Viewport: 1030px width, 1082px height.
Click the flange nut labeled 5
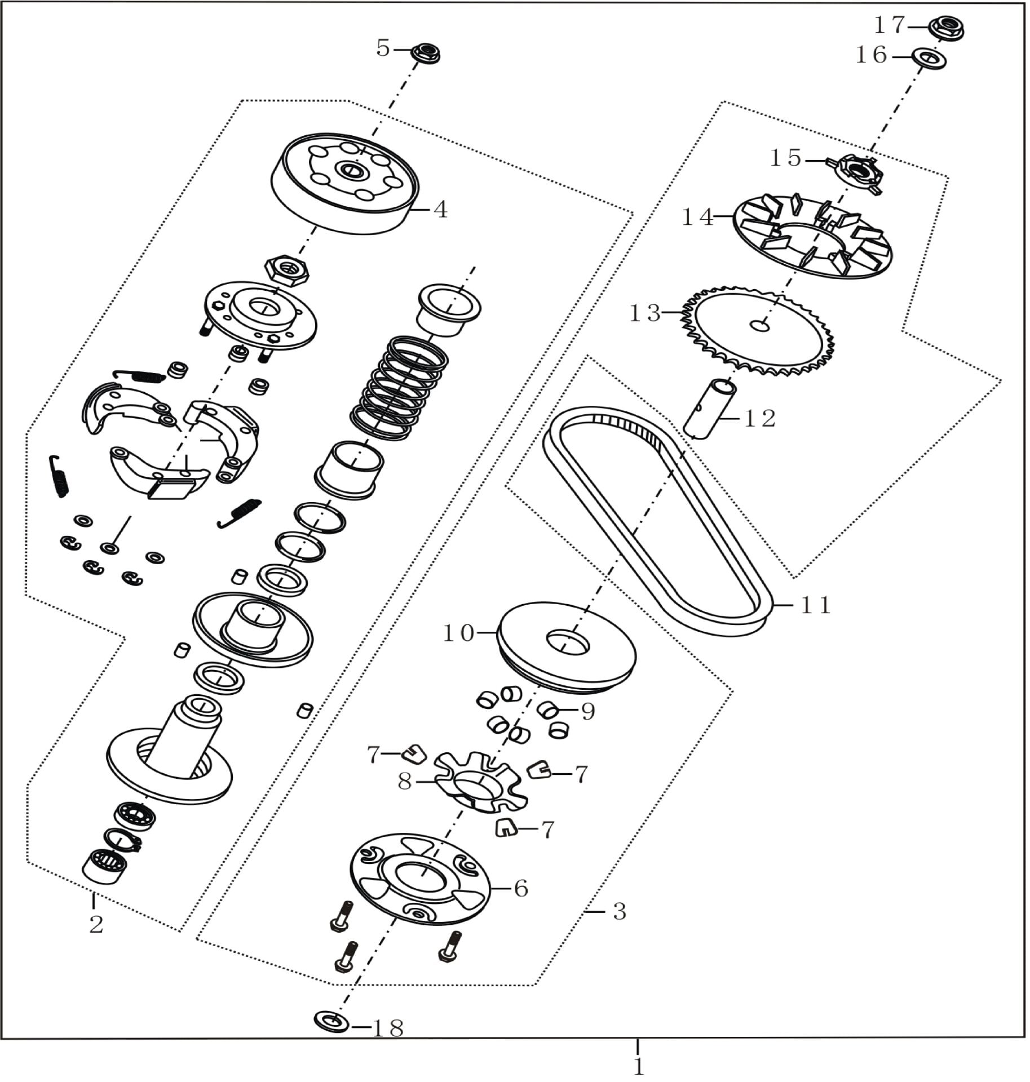click(x=425, y=54)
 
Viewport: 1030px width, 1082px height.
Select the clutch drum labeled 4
click(x=346, y=184)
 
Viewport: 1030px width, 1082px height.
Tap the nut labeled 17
click(x=946, y=27)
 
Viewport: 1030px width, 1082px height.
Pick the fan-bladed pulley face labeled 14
click(x=814, y=235)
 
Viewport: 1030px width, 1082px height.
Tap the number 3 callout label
click(x=619, y=911)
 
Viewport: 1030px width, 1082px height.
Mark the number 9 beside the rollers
click(x=588, y=712)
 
